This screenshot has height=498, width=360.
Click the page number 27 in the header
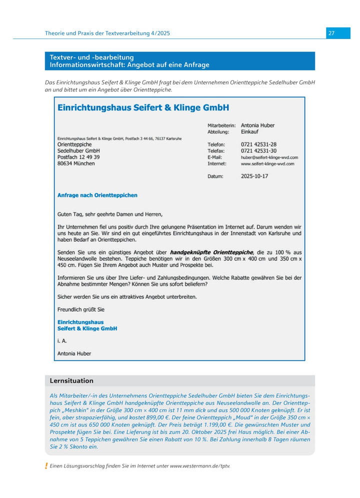click(x=331, y=33)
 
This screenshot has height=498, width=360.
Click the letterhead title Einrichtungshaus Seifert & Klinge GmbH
click(x=143, y=107)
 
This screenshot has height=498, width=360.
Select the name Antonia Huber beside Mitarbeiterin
click(x=257, y=125)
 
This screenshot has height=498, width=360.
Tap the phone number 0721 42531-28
click(x=258, y=144)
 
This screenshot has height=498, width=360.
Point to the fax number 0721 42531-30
click(x=258, y=151)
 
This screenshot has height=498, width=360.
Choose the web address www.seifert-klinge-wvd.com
click(x=267, y=163)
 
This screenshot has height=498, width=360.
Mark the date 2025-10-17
click(x=254, y=176)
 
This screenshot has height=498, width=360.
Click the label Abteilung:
click(x=218, y=132)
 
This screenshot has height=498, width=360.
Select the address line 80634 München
click(x=76, y=163)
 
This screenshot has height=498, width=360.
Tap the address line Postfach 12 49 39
click(x=78, y=157)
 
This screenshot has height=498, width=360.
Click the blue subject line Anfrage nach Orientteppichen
click(x=97, y=195)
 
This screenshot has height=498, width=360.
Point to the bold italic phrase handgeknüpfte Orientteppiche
click(x=212, y=252)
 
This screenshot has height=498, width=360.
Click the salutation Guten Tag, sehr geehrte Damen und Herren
click(x=110, y=215)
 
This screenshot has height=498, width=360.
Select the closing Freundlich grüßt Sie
click(x=81, y=310)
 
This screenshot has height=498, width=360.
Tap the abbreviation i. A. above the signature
click(x=62, y=341)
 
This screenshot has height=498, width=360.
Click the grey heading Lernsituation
click(x=71, y=381)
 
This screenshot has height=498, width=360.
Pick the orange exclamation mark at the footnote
click(x=46, y=466)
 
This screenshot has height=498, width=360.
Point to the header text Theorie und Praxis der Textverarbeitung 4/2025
click(x=107, y=33)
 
